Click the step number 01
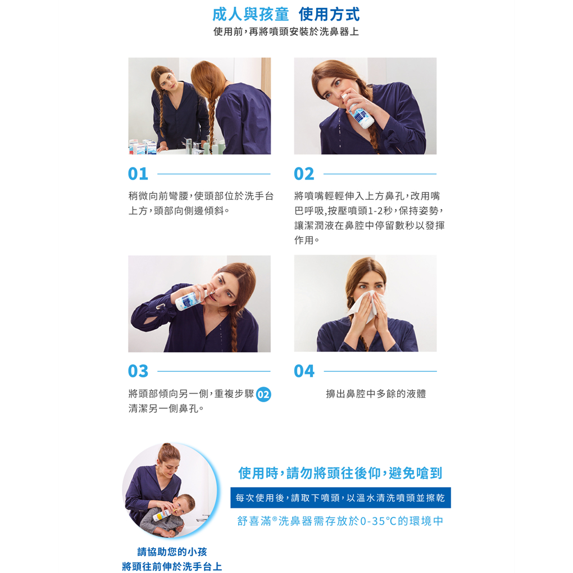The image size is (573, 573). pos(138,174)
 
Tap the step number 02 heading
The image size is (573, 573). pos(304,174)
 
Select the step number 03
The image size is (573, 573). pos(138,371)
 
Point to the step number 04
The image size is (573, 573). pos(304,371)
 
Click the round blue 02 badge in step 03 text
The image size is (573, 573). pos(263,394)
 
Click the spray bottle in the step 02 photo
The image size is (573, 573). pos(358,111)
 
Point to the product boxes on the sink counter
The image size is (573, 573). pos(143,147)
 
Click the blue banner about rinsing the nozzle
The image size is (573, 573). pos(340,497)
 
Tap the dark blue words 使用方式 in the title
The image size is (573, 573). pos(329,15)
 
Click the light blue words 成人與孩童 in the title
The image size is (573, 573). pos(251,15)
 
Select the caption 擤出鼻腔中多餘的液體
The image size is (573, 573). pos(376,394)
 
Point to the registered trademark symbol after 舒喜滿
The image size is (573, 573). pos(274,518)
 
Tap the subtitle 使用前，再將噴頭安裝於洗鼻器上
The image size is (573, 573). pos(286,32)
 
